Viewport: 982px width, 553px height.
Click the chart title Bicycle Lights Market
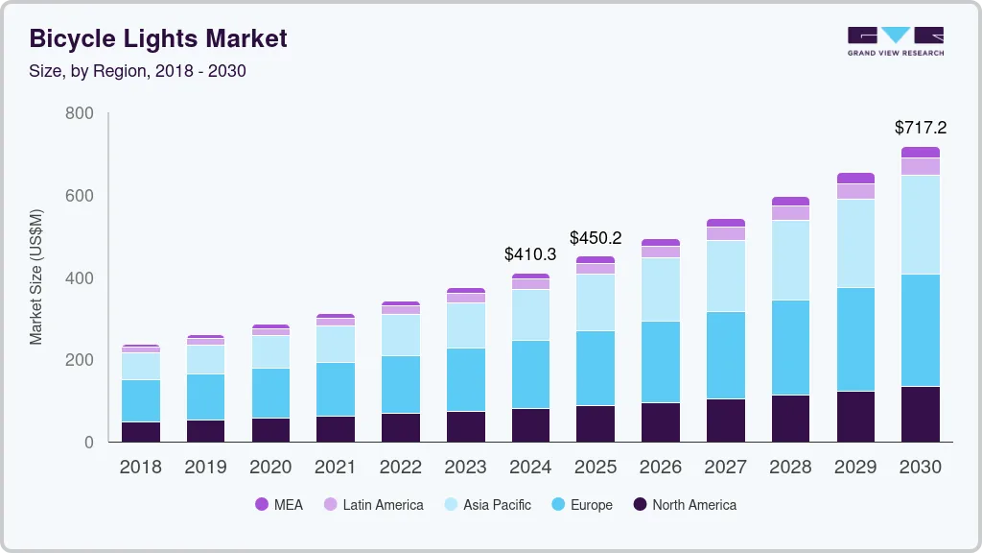pyautogui.click(x=158, y=39)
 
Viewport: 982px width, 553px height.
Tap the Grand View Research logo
pyautogui.click(x=895, y=40)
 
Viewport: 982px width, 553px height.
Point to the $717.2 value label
pyautogui.click(x=921, y=128)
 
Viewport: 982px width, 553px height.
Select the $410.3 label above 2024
pyautogui.click(x=530, y=254)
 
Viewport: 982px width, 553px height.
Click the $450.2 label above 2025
pyautogui.click(x=596, y=237)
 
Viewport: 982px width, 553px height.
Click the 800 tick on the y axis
pyautogui.click(x=79, y=113)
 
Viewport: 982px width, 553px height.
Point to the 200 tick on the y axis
pyautogui.click(x=79, y=360)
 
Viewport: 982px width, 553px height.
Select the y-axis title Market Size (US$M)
pyautogui.click(x=36, y=276)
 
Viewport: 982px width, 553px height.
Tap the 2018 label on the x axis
pyautogui.click(x=140, y=468)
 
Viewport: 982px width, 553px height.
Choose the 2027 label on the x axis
pyautogui.click(x=726, y=468)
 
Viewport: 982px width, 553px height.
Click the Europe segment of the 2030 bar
pyautogui.click(x=921, y=330)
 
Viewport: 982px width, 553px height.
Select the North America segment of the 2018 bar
pyautogui.click(x=140, y=432)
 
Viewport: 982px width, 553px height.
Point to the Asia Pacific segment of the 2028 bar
pyautogui.click(x=790, y=260)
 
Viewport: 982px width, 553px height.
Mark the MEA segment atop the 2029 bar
pyautogui.click(x=855, y=178)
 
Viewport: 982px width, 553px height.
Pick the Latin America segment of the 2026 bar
pyautogui.click(x=661, y=252)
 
